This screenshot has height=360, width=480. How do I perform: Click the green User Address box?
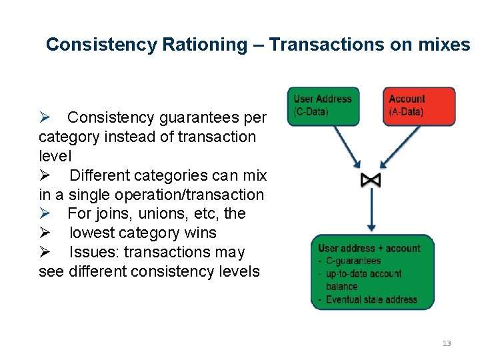(x=323, y=106)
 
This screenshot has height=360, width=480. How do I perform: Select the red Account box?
(x=418, y=106)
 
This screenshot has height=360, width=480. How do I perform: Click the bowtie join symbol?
(x=370, y=180)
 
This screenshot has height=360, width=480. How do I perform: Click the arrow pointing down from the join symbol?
(x=371, y=210)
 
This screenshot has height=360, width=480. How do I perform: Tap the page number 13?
(x=447, y=343)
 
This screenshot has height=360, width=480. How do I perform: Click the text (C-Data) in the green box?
(x=311, y=111)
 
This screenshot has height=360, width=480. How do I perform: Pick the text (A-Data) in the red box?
(x=406, y=111)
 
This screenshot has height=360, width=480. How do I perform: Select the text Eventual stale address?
(x=371, y=299)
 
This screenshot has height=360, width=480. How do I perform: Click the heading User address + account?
(x=369, y=248)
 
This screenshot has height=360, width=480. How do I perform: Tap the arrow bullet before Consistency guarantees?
(x=45, y=118)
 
